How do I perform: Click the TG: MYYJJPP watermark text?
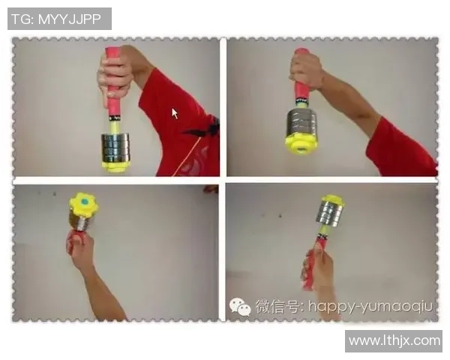[56, 19]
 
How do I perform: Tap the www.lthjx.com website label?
[394, 341]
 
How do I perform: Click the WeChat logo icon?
[240, 307]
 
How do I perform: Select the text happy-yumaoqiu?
[370, 307]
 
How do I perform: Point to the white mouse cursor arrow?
[175, 113]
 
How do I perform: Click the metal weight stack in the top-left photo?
[115, 148]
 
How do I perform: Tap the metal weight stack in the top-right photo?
[302, 123]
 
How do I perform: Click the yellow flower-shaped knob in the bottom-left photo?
[84, 205]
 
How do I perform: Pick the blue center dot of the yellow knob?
[85, 202]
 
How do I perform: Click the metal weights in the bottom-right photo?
[330, 213]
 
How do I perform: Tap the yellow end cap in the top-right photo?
[301, 144]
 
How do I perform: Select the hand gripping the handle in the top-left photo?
[114, 75]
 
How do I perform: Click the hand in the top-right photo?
[306, 70]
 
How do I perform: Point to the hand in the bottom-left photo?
[79, 247]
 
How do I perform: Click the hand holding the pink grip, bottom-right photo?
[316, 268]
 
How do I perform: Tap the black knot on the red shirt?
[205, 127]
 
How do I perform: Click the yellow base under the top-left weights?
[115, 166]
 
